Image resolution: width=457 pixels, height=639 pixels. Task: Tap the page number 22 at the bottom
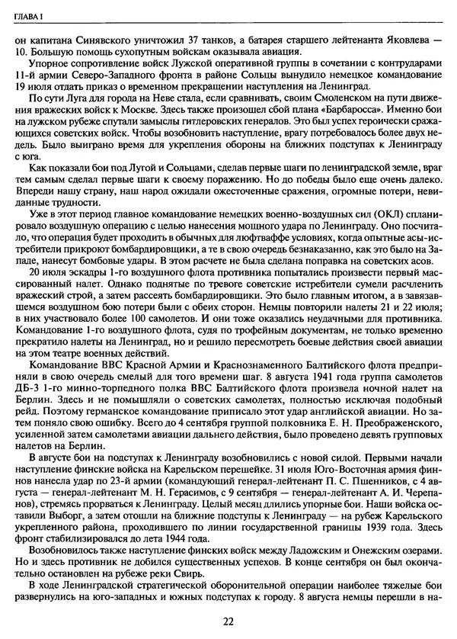228,621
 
